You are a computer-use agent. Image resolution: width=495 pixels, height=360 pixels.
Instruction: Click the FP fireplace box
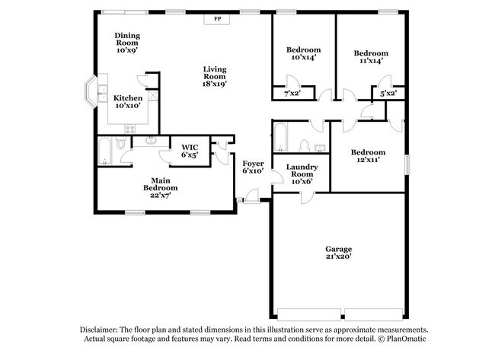pos(217,18)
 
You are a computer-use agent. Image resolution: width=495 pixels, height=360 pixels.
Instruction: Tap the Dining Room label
pos(127,43)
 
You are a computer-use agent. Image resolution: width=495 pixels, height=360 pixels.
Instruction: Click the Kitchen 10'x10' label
pos(127,102)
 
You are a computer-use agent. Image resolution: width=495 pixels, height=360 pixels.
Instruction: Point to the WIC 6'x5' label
pos(188,151)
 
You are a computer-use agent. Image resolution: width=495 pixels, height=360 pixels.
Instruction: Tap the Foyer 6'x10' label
pos(252,167)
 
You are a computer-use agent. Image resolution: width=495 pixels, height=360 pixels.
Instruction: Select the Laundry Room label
pos(302,173)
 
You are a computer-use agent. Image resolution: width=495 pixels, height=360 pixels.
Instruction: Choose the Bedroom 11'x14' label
pos(371,57)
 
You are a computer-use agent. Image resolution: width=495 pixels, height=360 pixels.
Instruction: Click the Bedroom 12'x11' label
pos(367,156)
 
